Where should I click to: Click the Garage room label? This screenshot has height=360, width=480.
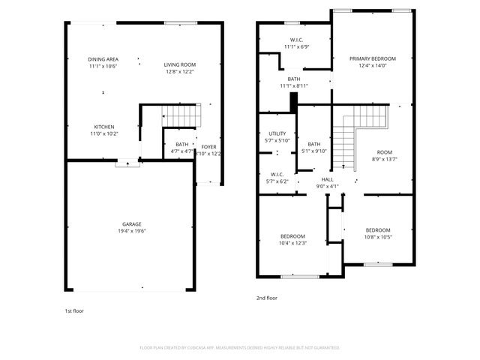point(132,224)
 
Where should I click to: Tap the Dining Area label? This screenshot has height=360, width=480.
point(103,58)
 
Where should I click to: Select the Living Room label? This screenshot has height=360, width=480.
point(180,64)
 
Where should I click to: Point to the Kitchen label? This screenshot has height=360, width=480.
point(103,126)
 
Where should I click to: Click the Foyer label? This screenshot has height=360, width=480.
point(208,146)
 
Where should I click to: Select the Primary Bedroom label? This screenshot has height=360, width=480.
point(373,58)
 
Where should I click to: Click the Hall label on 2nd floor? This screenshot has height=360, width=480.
point(328,179)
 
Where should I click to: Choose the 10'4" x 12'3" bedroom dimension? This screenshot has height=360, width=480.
point(292,242)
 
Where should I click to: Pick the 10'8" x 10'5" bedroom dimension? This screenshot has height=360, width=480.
point(378,237)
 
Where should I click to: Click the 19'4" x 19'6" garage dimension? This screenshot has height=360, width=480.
point(132,231)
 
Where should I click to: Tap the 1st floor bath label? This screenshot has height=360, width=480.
point(182,145)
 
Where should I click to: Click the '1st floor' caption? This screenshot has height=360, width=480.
point(73,310)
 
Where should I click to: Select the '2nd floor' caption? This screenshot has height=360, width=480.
point(267,298)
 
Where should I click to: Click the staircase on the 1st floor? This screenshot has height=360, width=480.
point(182,117)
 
